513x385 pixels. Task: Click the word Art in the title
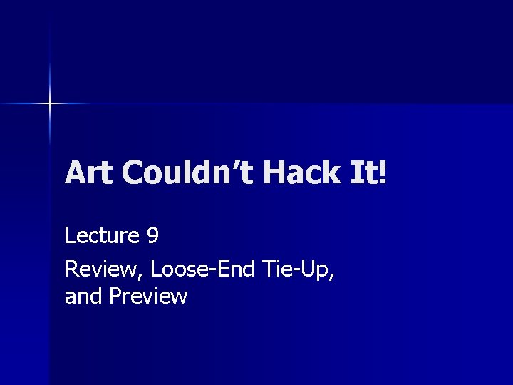pos(88,173)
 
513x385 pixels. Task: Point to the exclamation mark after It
pos(384,173)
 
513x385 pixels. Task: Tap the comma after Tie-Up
pos(333,274)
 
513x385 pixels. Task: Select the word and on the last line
pos(84,296)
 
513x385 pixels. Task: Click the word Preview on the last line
pos(148,296)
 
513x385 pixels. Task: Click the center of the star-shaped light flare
pos(50,104)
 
